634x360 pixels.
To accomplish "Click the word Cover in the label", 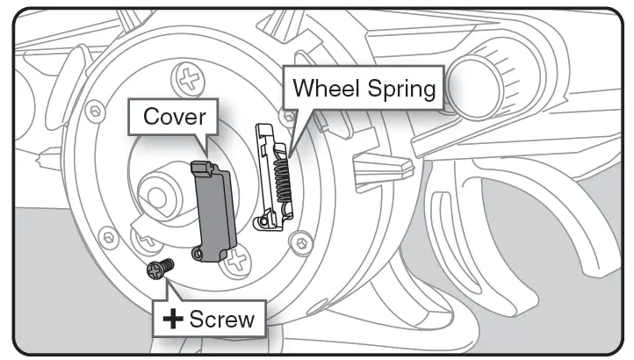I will [175, 117].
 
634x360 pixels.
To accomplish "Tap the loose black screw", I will [159, 269].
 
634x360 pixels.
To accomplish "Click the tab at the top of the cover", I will [201, 167].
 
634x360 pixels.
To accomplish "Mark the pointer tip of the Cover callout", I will [205, 156].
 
